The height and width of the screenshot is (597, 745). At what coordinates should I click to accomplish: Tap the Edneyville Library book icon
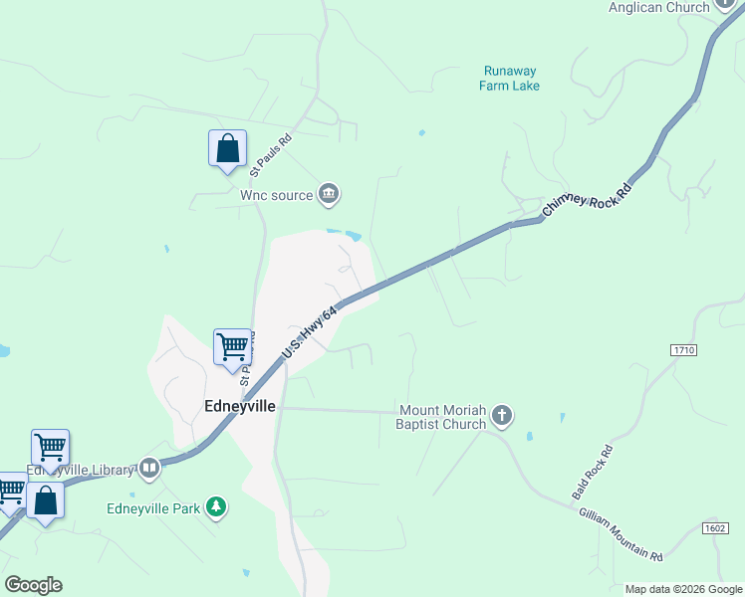(x=149, y=468)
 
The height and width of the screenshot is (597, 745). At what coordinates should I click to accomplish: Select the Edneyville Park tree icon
(x=216, y=508)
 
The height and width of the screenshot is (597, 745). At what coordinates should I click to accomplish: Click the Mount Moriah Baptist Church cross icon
(x=502, y=416)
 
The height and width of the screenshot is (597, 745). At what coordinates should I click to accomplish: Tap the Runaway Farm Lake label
(x=511, y=79)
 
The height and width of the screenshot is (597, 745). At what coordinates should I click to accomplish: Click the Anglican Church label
(x=659, y=7)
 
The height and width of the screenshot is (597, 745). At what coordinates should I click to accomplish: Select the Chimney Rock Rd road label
(x=588, y=200)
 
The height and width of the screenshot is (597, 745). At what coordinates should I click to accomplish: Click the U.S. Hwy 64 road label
(x=310, y=334)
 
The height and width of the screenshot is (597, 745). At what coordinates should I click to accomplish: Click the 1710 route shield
(x=683, y=351)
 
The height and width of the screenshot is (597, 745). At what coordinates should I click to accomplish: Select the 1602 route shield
(x=714, y=528)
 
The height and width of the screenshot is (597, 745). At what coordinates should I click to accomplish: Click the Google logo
(x=33, y=585)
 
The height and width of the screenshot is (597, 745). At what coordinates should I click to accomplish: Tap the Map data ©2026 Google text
(x=683, y=589)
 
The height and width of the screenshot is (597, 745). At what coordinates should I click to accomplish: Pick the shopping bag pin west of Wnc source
(x=227, y=149)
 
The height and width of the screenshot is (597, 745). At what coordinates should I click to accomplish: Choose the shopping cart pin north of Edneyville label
(x=232, y=348)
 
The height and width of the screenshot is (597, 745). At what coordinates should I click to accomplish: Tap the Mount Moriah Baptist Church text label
(x=442, y=417)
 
